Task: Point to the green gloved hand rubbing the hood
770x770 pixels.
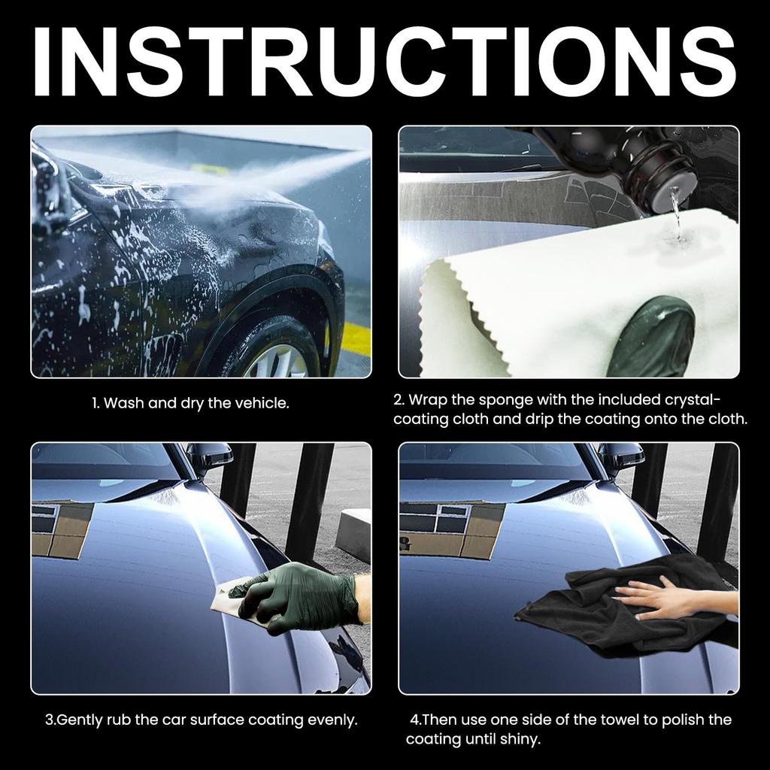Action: [x=301, y=597]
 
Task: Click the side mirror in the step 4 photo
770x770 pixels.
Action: [x=620, y=456]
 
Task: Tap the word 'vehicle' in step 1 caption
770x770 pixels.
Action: [x=261, y=403]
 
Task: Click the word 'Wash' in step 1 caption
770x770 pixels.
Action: [x=124, y=403]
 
